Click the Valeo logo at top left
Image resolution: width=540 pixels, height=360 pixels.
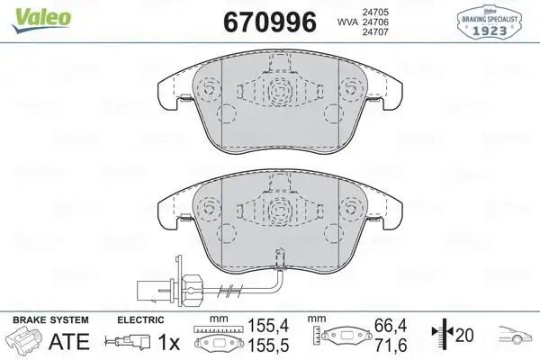[x=28, y=11]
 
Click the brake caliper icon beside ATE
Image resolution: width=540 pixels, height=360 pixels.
[x=24, y=343]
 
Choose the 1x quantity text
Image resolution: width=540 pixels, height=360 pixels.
[x=167, y=343]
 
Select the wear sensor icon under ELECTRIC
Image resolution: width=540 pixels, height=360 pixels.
[x=125, y=343]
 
